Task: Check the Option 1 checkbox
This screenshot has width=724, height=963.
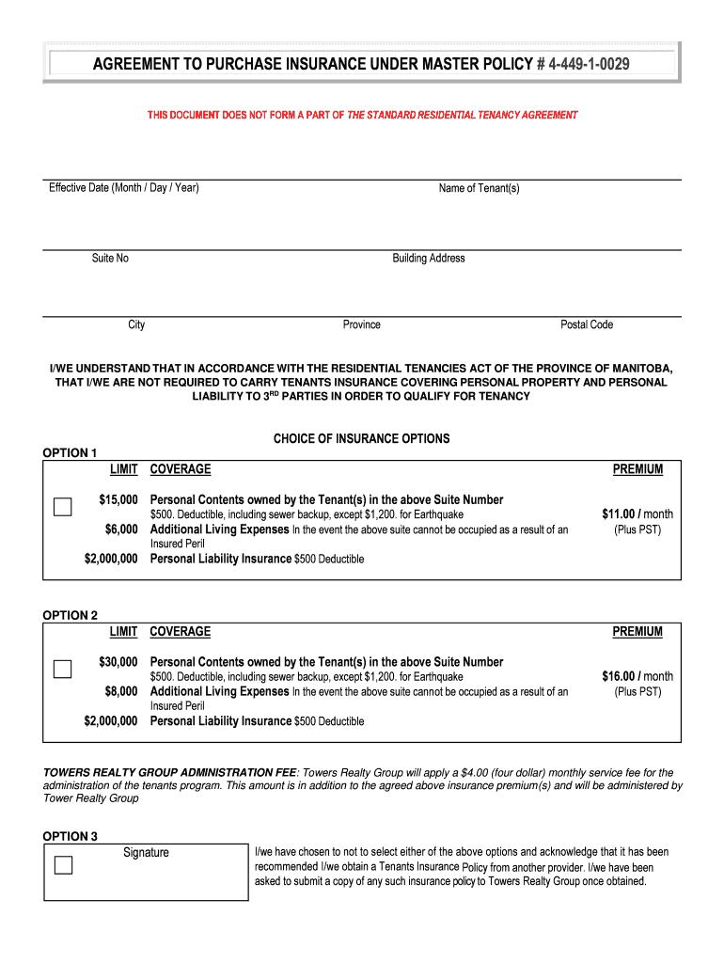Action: click(62, 507)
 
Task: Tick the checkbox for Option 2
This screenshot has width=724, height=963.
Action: click(62, 670)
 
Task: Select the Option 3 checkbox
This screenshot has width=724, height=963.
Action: click(63, 865)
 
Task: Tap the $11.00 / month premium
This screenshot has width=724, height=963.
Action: click(637, 514)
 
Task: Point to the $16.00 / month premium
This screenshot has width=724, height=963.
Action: click(637, 676)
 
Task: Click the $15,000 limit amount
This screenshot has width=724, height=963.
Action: click(118, 499)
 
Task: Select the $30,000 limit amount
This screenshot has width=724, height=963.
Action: click(118, 662)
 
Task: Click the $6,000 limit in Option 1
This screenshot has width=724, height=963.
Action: click(121, 530)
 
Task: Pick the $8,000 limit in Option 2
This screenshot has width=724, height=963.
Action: click(121, 691)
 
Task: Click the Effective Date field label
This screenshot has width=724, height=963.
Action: click(124, 188)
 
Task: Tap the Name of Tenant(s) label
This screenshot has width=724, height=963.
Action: click(479, 189)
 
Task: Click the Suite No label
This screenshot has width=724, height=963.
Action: click(110, 259)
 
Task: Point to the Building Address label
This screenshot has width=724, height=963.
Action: click(429, 259)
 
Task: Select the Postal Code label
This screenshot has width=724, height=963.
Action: click(587, 324)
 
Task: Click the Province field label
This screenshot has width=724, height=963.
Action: click(362, 324)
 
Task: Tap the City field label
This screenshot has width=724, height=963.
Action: click(137, 324)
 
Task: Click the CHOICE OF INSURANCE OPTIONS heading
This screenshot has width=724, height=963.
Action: click(361, 439)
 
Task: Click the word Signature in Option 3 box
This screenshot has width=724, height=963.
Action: click(146, 853)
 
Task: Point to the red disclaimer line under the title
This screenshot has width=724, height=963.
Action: click(362, 115)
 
